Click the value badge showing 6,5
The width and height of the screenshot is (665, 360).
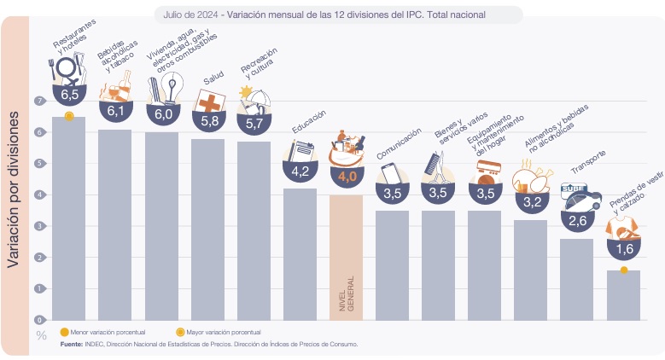pyautogui.click(x=69, y=94)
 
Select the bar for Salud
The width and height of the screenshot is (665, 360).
pyautogui.click(x=207, y=229)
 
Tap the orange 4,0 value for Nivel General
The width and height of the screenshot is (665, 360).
pyautogui.click(x=347, y=177)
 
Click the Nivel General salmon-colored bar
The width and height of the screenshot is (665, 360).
pyautogui.click(x=346, y=258)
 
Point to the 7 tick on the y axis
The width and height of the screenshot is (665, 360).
pyautogui.click(x=40, y=101)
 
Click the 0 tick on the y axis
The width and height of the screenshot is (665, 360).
pyautogui.click(x=40, y=320)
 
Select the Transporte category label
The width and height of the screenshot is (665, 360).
pyautogui.click(x=588, y=162)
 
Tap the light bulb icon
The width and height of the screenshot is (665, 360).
pyautogui.click(x=172, y=88)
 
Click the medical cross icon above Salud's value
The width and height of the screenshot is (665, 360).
pyautogui.click(x=209, y=102)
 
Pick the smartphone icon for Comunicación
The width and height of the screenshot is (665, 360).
pyautogui.click(x=391, y=173)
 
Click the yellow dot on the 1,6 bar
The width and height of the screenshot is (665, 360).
pyautogui.click(x=623, y=270)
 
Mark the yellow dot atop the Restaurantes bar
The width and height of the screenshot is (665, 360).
pyautogui.click(x=69, y=116)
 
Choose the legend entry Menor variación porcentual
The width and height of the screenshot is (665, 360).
pyautogui.click(x=103, y=333)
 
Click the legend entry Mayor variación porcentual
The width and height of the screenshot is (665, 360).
pyautogui.click(x=219, y=333)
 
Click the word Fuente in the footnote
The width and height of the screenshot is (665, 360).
pyautogui.click(x=71, y=345)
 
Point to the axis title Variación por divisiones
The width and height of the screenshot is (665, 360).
pyautogui.click(x=13, y=189)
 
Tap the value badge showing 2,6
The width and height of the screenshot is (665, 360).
pyautogui.click(x=578, y=221)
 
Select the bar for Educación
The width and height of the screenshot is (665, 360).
pyautogui.click(x=300, y=254)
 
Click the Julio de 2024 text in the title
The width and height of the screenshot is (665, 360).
pyautogui.click(x=191, y=15)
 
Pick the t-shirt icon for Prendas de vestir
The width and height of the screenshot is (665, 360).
pyautogui.click(x=622, y=229)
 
